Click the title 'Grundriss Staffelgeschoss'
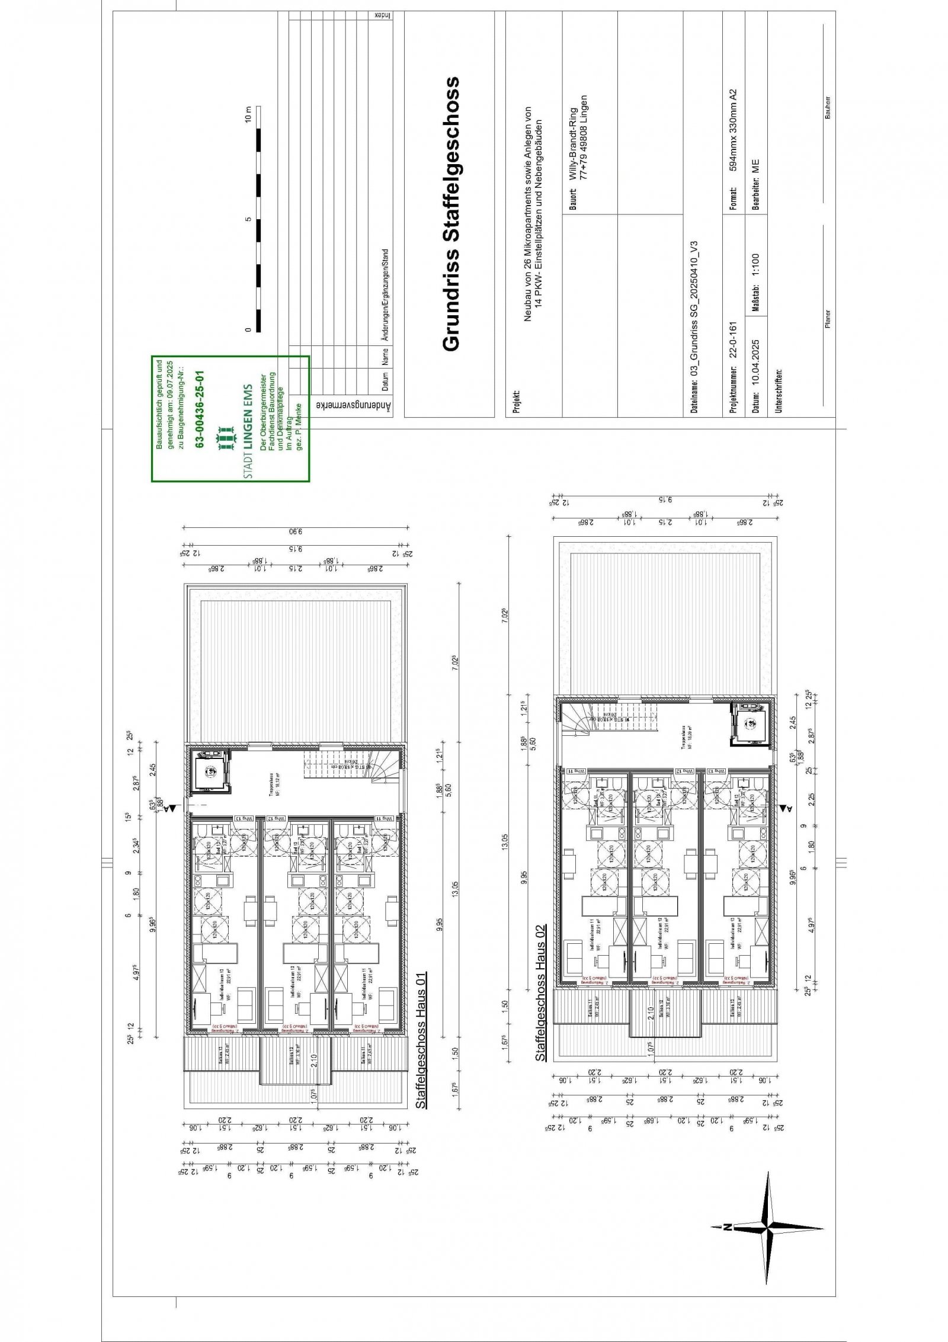pyautogui.click(x=451, y=214)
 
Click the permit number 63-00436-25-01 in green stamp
pyautogui.click(x=200, y=409)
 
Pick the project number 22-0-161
pyautogui.click(x=732, y=340)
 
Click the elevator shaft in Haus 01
pyautogui.click(x=210, y=770)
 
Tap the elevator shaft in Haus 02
pyautogui.click(x=750, y=723)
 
